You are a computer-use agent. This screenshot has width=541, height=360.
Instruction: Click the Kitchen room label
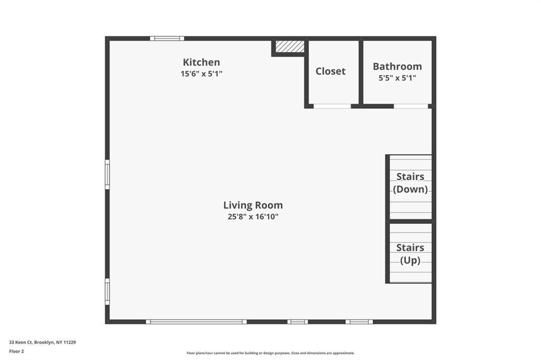[201, 62]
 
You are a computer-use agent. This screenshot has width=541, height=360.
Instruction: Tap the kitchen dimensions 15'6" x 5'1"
[201, 74]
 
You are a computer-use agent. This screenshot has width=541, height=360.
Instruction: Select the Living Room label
[253, 205]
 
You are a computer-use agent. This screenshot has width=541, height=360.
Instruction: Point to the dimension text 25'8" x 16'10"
[253, 216]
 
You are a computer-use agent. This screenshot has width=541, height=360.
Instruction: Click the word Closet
[330, 71]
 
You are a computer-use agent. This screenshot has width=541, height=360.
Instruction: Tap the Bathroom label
[397, 67]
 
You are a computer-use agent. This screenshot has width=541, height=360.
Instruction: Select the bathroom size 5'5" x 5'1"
[397, 78]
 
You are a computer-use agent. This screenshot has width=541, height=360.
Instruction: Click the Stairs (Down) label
[411, 183]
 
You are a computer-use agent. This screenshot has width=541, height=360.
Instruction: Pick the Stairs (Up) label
[411, 254]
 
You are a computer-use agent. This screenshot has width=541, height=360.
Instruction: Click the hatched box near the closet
[290, 46]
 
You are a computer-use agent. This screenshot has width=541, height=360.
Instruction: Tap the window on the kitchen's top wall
[167, 38]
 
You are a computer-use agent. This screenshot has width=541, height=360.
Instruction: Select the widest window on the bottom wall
[196, 321]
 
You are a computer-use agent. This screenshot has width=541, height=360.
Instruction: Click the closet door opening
[332, 106]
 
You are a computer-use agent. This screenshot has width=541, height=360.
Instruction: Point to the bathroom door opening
[411, 106]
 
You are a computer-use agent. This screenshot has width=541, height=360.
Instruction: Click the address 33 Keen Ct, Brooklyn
[42, 342]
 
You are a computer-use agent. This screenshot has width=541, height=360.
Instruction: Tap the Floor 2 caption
[16, 351]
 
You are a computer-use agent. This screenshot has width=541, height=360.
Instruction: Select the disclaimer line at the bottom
[270, 353]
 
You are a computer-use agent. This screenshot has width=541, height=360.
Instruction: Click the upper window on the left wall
[107, 175]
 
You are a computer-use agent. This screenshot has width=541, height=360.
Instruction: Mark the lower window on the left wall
[107, 291]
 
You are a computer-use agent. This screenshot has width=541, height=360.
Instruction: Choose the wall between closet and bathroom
[361, 72]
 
